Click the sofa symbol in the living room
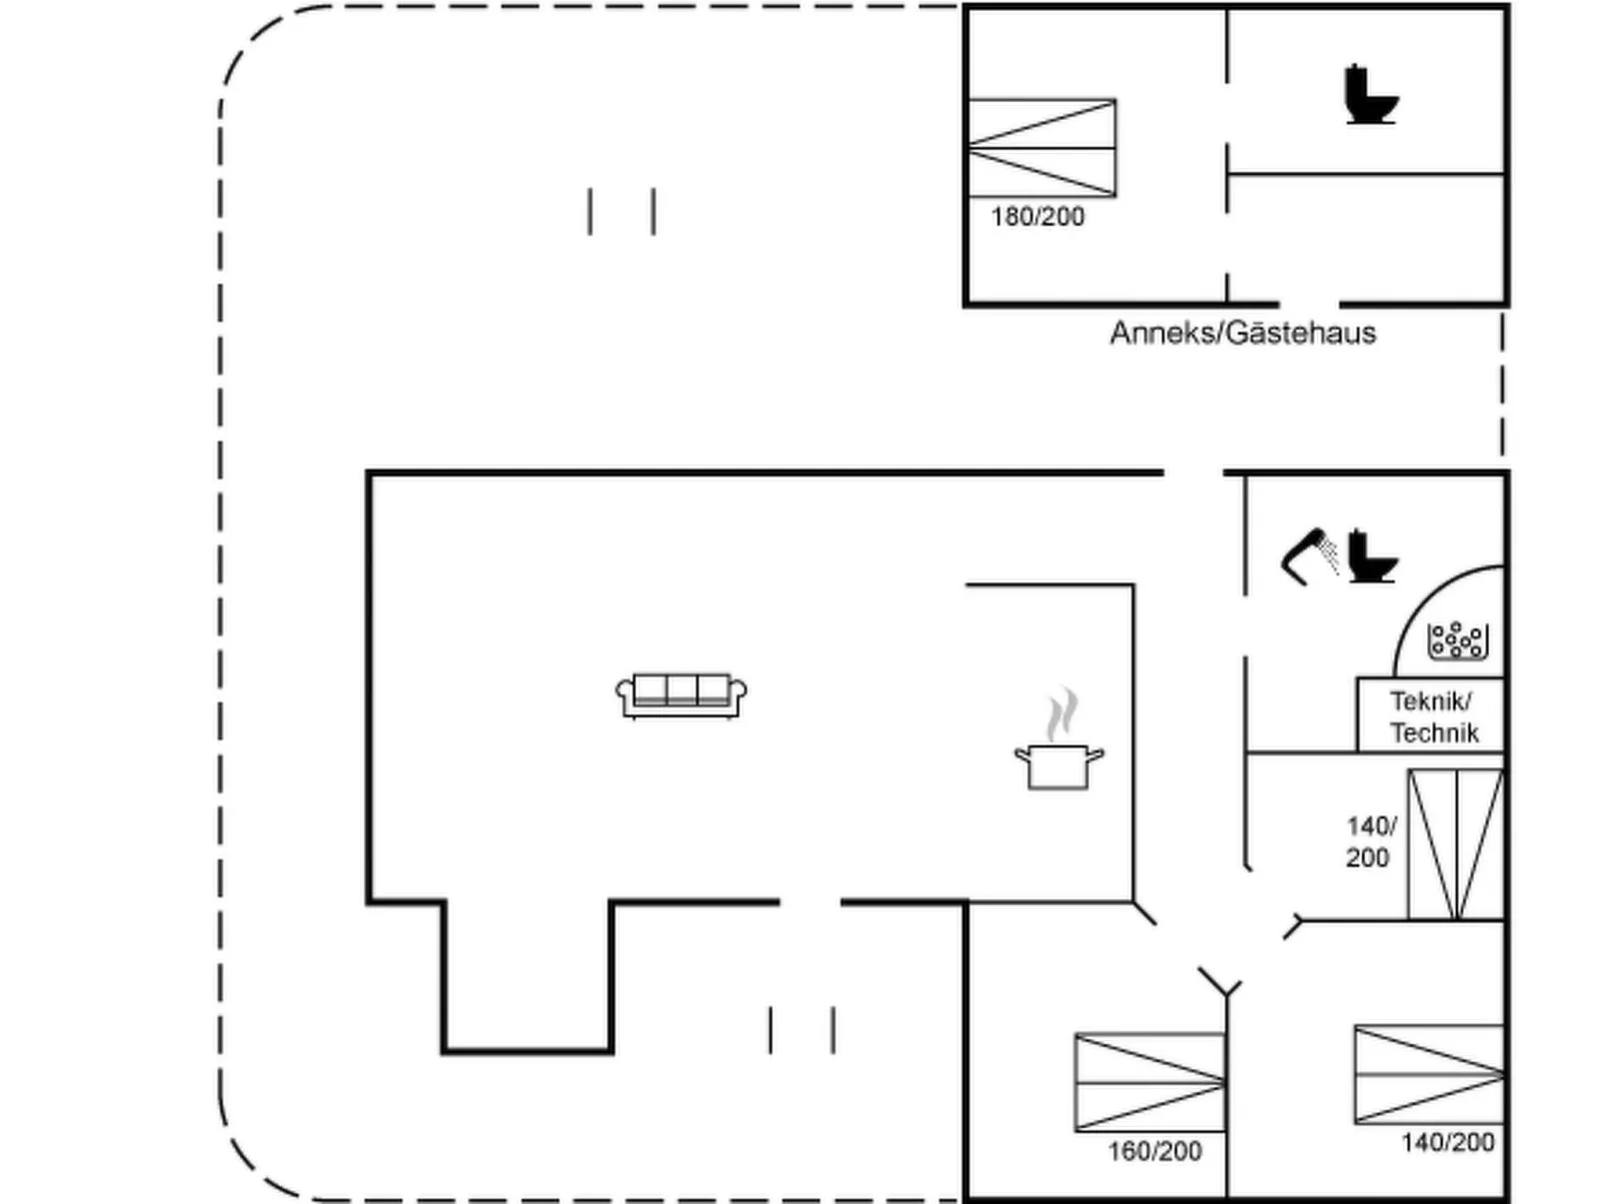tap(681, 695)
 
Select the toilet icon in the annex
tap(1370, 95)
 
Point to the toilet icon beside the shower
tap(1372, 556)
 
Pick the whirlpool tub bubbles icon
tap(1458, 640)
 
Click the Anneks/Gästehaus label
tap(1242, 333)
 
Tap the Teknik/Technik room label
tap(1433, 717)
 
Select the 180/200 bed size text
tap(1037, 217)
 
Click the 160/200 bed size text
tap(1154, 1151)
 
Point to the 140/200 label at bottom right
tap(1447, 1142)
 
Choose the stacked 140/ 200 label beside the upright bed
tap(1369, 841)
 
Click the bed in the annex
tap(1041, 148)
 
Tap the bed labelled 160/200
tap(1149, 1082)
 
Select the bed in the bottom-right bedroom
tap(1429, 1074)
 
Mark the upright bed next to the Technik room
tap(1456, 844)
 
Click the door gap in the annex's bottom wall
tap(1309, 304)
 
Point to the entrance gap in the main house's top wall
tap(1193, 473)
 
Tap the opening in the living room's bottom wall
tap(809, 902)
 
